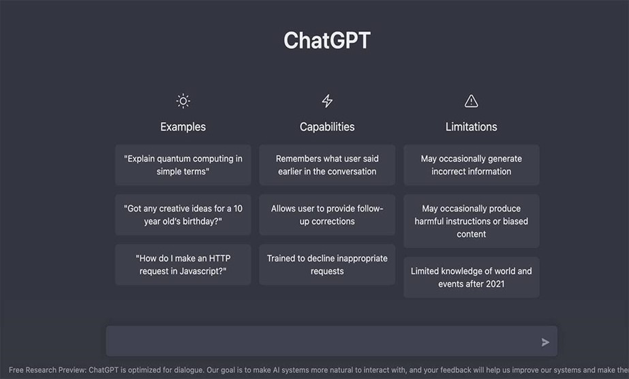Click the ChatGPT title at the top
click(x=327, y=40)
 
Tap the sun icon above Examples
click(x=183, y=102)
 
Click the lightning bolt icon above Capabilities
click(x=327, y=102)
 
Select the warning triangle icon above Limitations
click(x=471, y=102)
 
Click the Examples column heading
click(x=183, y=127)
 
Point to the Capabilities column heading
click(x=327, y=127)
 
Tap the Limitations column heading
click(x=471, y=127)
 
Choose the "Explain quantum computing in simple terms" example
click(x=183, y=165)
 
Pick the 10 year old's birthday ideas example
click(x=183, y=215)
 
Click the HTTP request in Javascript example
click(x=183, y=264)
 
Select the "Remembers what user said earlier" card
click(x=327, y=165)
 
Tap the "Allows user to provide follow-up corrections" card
click(x=327, y=215)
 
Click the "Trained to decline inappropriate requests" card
click(x=327, y=264)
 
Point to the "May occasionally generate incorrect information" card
click(x=471, y=165)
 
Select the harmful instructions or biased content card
click(x=471, y=221)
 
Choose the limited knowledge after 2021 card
click(x=471, y=277)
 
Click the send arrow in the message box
click(x=545, y=342)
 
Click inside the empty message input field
click(x=320, y=342)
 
